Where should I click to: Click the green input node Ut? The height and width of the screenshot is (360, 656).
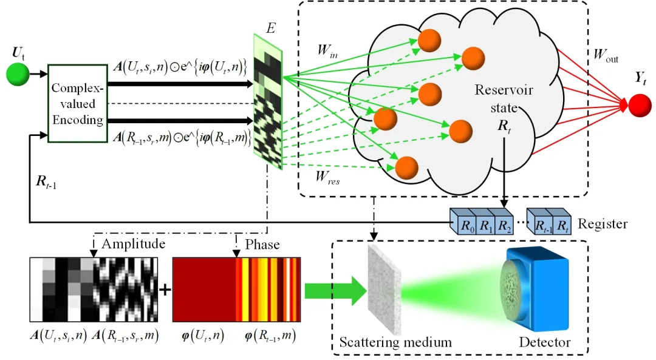(18, 74)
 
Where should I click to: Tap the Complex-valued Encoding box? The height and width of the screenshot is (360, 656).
(77, 104)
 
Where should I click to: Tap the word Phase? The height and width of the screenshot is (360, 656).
(262, 245)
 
